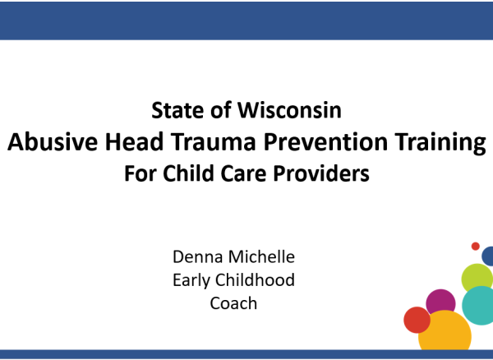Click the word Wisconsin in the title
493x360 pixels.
pyautogui.click(x=289, y=110)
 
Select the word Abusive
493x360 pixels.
pyautogui.click(x=53, y=142)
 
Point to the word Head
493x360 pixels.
pyautogui.click(x=134, y=142)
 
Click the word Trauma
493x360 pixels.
pyautogui.click(x=214, y=142)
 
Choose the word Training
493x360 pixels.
pyautogui.click(x=440, y=143)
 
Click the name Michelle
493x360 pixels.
pyautogui.click(x=261, y=256)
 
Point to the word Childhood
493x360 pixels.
pyautogui.click(x=255, y=279)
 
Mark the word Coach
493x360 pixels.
pyautogui.click(x=233, y=303)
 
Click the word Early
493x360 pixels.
pyautogui.click(x=191, y=280)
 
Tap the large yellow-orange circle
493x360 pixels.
pyautogui.click(x=445, y=330)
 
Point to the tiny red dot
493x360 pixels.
pyautogui.click(x=476, y=247)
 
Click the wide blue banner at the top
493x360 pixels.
pyautogui.click(x=246, y=21)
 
